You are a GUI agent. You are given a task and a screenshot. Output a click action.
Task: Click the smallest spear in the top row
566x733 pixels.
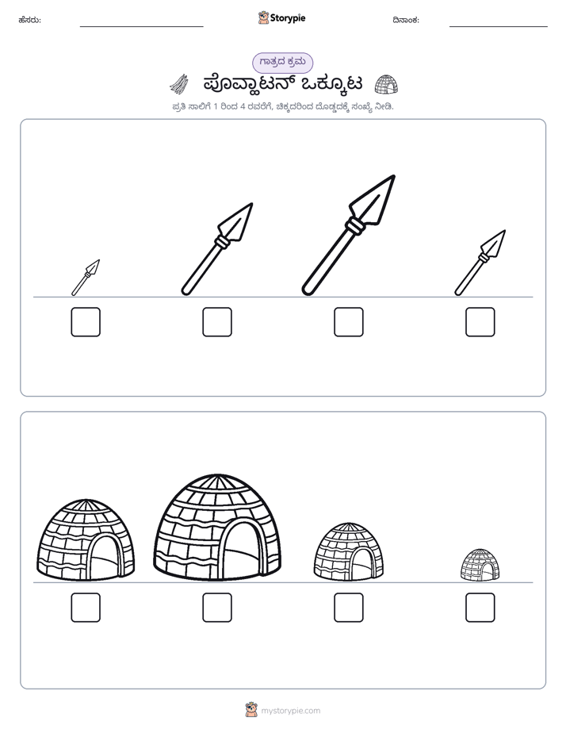pos(86,278)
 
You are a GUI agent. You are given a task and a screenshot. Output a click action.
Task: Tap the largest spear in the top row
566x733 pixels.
pos(348,235)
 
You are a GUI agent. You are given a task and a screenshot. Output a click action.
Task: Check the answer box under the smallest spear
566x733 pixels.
pos(86,322)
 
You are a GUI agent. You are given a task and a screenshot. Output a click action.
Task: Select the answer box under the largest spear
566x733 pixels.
pos(348,322)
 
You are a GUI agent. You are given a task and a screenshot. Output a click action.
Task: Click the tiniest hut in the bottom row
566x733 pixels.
pos(480,565)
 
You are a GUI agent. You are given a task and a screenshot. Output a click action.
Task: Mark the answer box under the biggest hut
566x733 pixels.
pos(217,608)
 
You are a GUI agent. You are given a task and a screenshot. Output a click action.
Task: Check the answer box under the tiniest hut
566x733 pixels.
pos(480,608)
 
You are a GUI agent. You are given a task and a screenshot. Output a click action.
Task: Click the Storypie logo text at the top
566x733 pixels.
pos(288,18)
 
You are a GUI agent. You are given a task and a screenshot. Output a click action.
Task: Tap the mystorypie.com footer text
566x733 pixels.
pos(290,711)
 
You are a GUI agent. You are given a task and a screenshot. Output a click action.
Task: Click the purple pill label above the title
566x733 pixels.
pos(282,63)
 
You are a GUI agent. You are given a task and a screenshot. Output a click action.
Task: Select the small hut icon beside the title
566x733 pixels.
pos(387,84)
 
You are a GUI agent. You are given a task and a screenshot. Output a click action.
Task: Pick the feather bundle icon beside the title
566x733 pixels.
pos(179,84)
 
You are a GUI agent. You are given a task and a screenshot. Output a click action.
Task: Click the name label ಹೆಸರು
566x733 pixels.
pos(30,20)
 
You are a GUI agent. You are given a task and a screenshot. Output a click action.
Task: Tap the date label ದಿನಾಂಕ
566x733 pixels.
pos(406,20)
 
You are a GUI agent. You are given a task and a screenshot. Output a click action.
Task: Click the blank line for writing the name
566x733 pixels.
pos(141,27)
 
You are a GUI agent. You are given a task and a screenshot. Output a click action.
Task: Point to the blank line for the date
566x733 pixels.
pos(499,27)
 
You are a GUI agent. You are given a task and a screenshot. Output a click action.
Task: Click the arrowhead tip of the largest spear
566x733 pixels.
pos(395,176)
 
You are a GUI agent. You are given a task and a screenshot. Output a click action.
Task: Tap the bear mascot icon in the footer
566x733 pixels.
pos(251,710)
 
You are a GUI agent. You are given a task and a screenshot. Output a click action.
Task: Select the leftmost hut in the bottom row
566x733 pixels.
pos(86,539)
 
